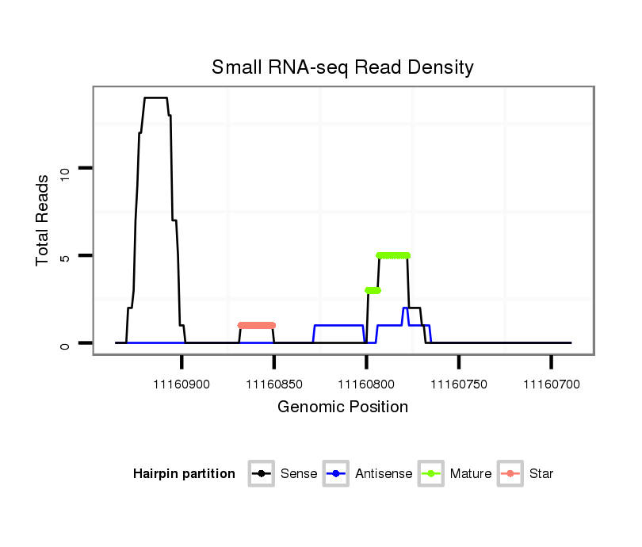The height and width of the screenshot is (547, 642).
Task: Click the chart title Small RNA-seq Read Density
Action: (342, 67)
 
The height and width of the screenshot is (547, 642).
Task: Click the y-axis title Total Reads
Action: (44, 220)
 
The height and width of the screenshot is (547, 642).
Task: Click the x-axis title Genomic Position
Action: (342, 407)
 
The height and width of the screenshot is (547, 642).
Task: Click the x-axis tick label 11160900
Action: (182, 384)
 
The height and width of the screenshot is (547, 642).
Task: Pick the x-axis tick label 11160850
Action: (274, 384)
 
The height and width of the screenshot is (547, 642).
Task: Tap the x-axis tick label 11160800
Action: (366, 384)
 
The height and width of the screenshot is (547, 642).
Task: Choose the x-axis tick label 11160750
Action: (459, 384)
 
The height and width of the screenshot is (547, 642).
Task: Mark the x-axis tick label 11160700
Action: (551, 384)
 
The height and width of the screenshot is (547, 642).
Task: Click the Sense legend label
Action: (299, 474)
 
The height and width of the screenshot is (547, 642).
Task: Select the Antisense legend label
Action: (384, 474)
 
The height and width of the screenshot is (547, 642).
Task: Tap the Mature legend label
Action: (470, 474)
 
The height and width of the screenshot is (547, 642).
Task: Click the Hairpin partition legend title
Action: (184, 474)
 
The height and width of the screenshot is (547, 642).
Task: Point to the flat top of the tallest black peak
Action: (155, 98)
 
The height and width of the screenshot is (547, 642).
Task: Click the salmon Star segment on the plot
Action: (256, 325)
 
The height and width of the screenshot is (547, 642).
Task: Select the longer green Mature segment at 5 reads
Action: (393, 255)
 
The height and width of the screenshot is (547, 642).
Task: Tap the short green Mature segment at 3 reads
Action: (373, 290)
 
